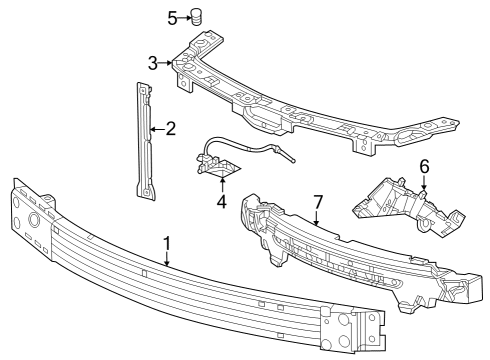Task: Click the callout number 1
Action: (167, 242)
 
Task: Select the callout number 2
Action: (170, 128)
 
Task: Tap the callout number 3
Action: (153, 63)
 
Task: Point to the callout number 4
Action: (221, 200)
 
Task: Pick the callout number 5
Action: (171, 17)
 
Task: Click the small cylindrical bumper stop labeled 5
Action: (197, 17)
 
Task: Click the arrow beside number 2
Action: (156, 128)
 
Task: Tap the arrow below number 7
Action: (318, 218)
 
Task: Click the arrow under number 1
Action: (167, 258)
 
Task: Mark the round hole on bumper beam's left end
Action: (33, 220)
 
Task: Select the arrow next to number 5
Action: (183, 17)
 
